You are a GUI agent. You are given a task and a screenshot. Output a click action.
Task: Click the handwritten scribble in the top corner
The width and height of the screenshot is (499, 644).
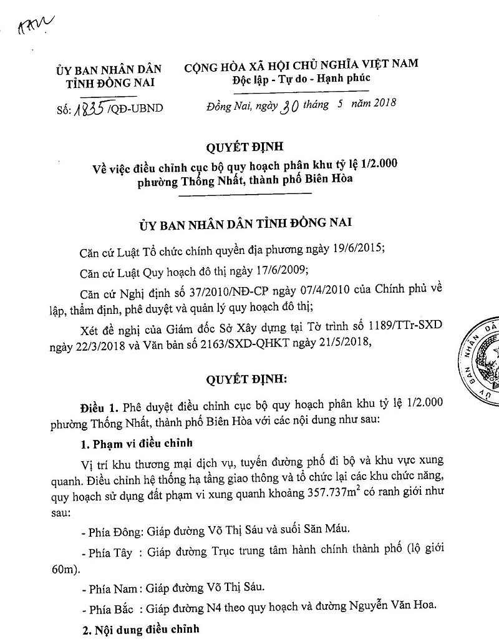click(36, 25)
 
